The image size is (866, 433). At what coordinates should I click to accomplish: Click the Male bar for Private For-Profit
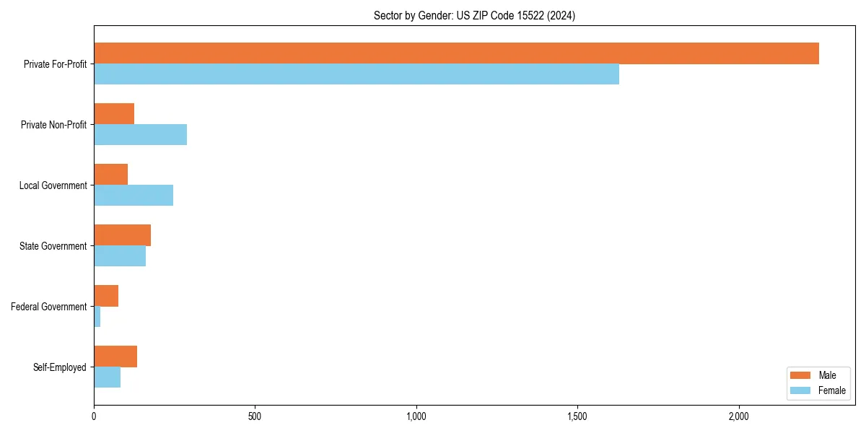click(456, 53)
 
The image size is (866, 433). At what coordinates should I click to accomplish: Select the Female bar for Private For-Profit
click(357, 74)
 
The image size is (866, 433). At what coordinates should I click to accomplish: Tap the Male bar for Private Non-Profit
click(114, 114)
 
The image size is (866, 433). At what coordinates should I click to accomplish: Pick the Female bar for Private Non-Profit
click(140, 135)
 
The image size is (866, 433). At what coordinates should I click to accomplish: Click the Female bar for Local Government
click(134, 196)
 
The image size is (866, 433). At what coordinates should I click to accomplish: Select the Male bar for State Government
click(122, 235)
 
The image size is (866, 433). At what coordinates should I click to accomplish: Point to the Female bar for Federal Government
click(97, 317)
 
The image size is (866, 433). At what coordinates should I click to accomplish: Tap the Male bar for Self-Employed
click(115, 357)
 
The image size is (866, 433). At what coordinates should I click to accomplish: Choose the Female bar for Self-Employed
click(107, 377)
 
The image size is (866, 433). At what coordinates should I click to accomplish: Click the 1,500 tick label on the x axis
click(577, 416)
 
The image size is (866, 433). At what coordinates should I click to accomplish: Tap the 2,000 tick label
click(738, 416)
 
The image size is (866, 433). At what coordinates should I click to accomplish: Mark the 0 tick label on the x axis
click(94, 416)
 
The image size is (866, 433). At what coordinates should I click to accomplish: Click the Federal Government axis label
click(49, 307)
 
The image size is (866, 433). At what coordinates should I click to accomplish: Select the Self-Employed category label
click(60, 367)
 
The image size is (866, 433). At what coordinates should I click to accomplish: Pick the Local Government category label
click(53, 185)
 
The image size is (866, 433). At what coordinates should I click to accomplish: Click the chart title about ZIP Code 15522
click(474, 15)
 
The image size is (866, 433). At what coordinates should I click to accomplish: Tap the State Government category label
click(53, 246)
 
